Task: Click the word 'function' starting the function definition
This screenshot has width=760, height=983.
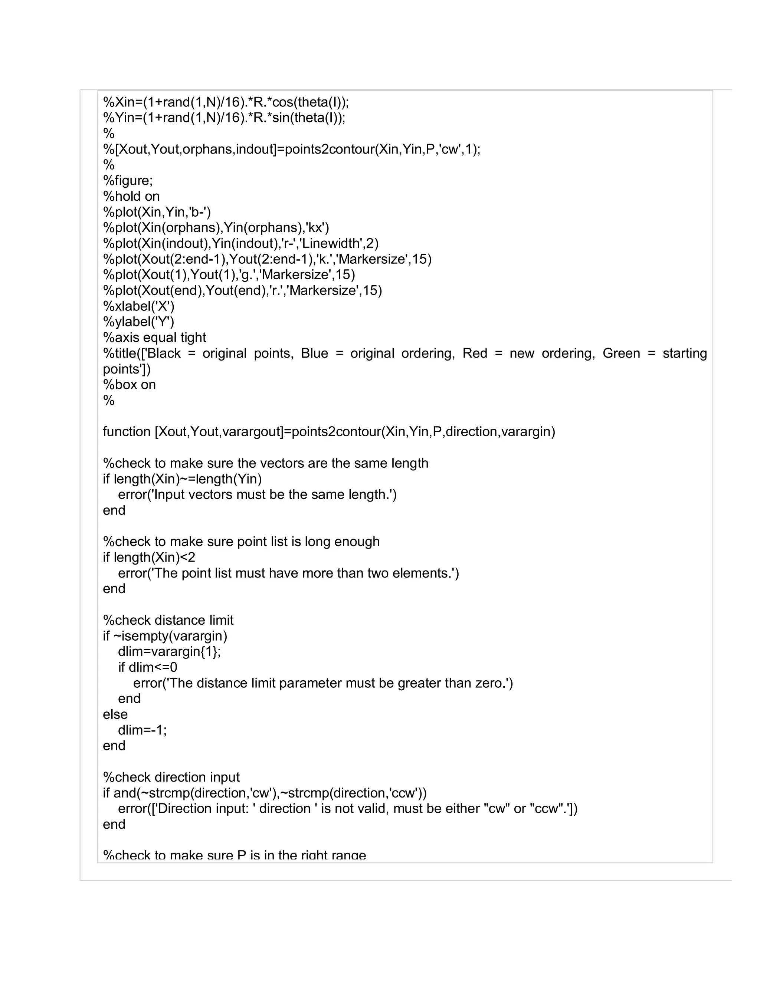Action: click(x=127, y=432)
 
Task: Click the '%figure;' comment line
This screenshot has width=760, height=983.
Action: click(x=128, y=181)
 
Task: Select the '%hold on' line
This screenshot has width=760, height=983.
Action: click(x=131, y=196)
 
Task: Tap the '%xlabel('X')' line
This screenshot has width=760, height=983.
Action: click(x=138, y=306)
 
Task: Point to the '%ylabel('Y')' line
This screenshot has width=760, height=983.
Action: click(x=138, y=322)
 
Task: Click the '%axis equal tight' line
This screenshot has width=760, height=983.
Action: click(x=154, y=338)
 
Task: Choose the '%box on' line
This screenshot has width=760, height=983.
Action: click(x=129, y=385)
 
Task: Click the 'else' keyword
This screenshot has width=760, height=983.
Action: click(x=115, y=714)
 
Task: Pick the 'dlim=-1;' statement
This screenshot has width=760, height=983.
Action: click(x=142, y=730)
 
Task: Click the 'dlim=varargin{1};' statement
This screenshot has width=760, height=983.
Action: click(x=169, y=652)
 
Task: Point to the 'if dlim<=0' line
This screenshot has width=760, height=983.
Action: click(x=148, y=667)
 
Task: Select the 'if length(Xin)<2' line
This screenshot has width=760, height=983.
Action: click(x=149, y=558)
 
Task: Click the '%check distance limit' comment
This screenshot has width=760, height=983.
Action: click(x=168, y=620)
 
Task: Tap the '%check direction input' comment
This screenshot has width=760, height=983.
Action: click(x=171, y=777)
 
